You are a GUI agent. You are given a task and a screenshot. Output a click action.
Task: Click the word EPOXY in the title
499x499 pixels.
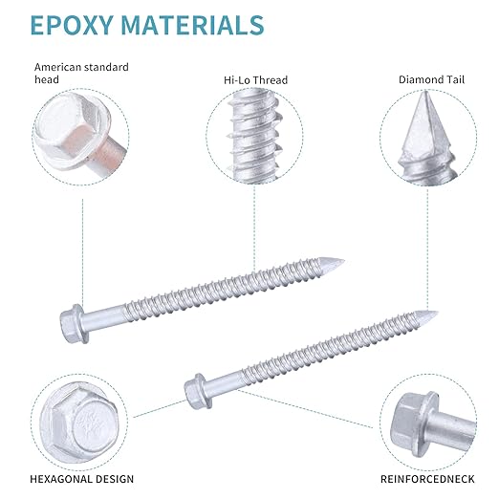click(x=72, y=25)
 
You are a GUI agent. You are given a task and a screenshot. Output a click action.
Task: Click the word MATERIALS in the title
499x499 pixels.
click(x=193, y=25)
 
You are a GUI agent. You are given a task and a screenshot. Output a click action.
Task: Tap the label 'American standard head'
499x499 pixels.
click(x=81, y=73)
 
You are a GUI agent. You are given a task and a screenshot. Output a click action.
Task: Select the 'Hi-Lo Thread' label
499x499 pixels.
click(x=255, y=79)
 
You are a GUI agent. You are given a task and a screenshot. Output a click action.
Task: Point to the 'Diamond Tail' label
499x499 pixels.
click(x=431, y=79)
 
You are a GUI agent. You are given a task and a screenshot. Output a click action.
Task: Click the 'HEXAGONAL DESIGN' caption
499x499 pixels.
click(x=82, y=479)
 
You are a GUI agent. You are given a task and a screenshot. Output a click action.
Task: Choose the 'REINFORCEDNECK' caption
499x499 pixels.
click(x=427, y=479)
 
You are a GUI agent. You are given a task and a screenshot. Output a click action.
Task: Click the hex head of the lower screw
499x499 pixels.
click(x=198, y=391)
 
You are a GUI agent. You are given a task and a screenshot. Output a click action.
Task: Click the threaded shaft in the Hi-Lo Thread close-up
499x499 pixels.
click(x=255, y=136)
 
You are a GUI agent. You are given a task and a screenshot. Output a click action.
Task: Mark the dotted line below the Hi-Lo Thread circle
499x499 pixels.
click(x=254, y=228)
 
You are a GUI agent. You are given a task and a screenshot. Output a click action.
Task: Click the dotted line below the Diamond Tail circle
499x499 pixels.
click(x=427, y=249)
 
